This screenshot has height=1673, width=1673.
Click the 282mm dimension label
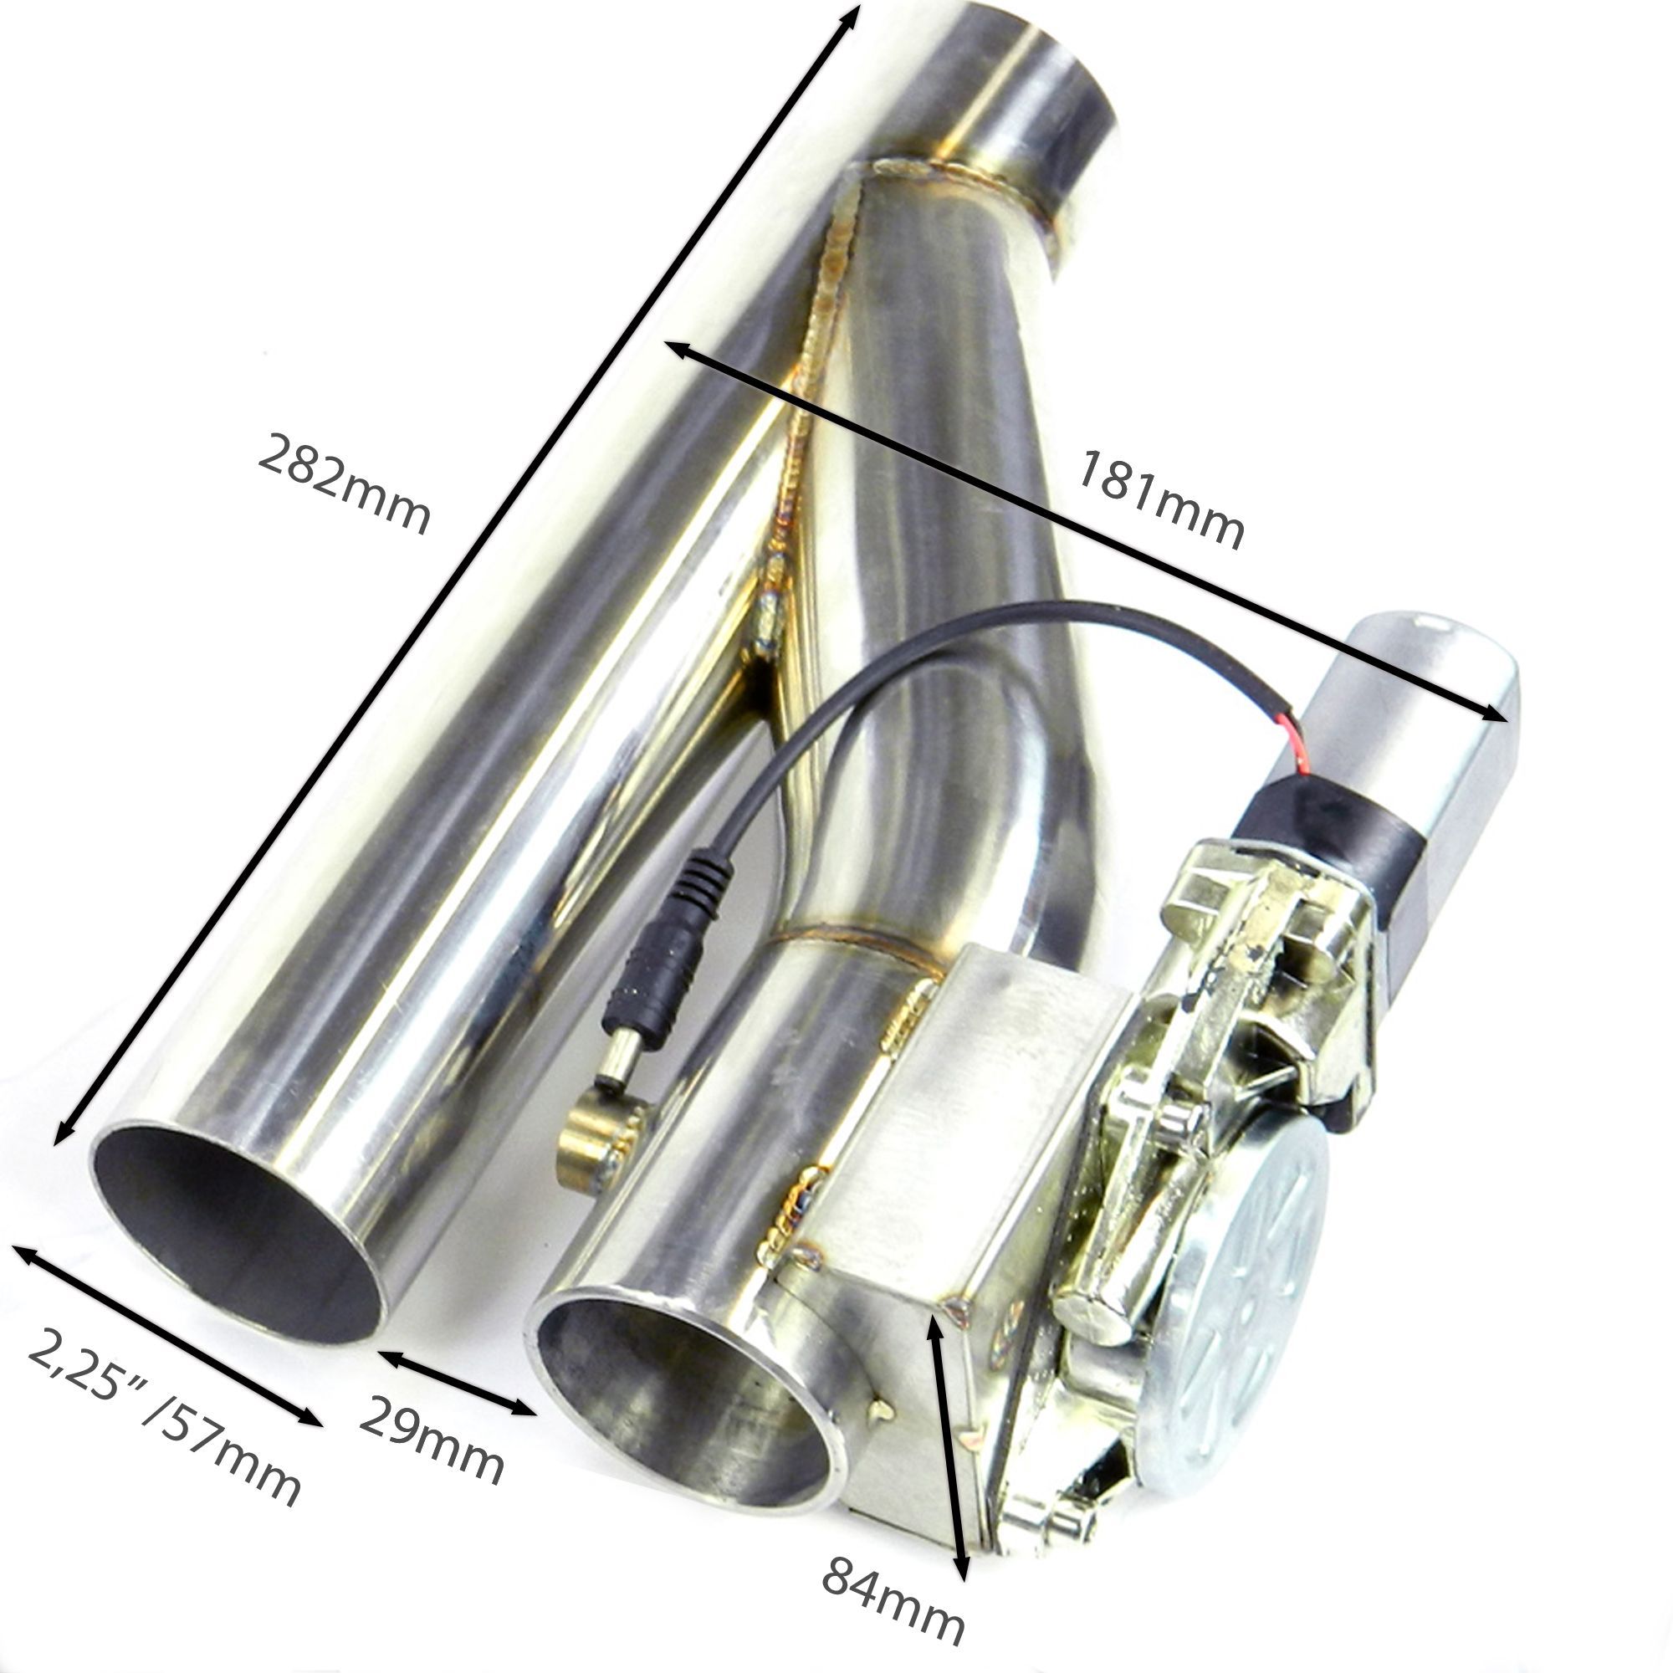(343, 485)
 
